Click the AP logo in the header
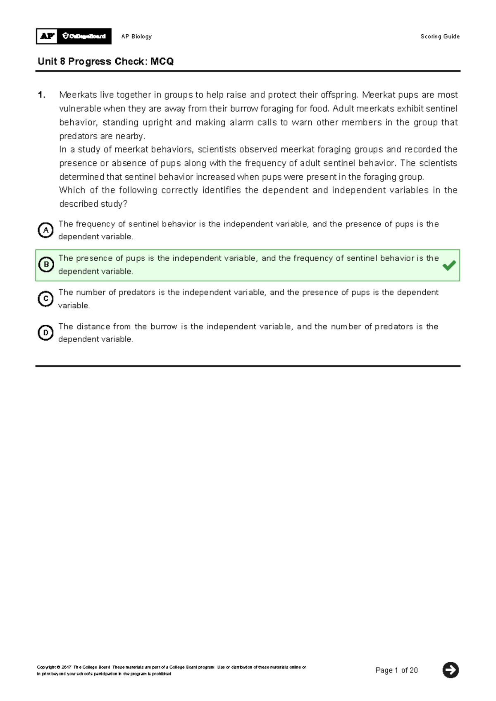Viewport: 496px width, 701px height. (48, 36)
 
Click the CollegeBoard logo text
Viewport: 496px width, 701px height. (84, 36)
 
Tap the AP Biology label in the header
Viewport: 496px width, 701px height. (136, 36)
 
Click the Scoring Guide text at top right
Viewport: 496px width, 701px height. (440, 36)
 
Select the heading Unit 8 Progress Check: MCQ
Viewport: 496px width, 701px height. (105, 62)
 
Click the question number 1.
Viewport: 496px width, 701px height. (41, 95)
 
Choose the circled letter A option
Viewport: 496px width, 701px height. (45, 230)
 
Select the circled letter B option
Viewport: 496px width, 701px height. (46, 265)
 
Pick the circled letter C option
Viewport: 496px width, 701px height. (45, 299)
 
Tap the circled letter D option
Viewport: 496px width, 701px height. (45, 333)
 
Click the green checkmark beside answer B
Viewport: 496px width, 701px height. (449, 265)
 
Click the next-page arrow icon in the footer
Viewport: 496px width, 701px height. (451, 670)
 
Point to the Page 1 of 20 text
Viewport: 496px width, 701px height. (396, 670)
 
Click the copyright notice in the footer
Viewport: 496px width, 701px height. (171, 670)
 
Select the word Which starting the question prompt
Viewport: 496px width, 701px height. (72, 190)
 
